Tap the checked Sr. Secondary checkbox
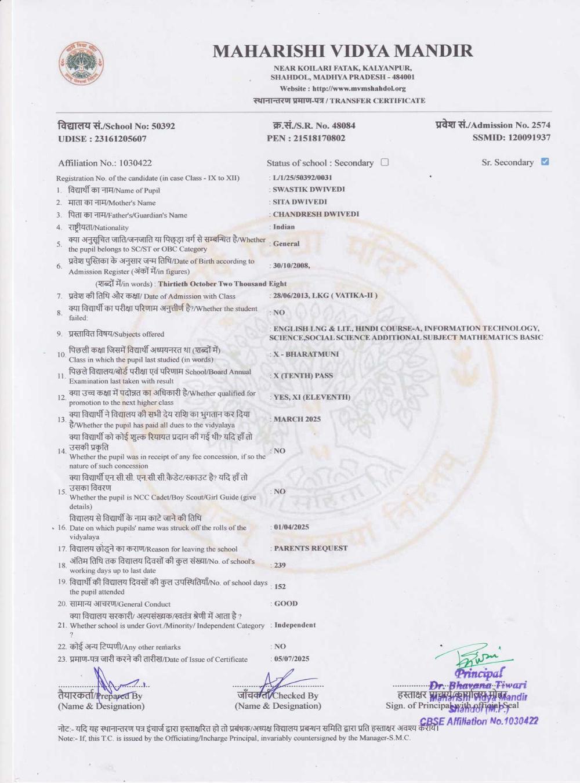(545, 162)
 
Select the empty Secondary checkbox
(385, 162)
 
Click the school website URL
(358, 89)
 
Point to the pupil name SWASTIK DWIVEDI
(309, 190)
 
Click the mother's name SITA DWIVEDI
(300, 202)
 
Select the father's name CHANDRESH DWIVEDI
(316, 214)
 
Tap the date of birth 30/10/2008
(291, 266)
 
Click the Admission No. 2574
(541, 125)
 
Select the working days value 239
(280, 565)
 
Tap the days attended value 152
(280, 587)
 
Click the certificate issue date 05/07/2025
(291, 659)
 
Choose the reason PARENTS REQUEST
(310, 548)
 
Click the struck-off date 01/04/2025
(291, 527)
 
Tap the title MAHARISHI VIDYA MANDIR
(342, 51)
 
